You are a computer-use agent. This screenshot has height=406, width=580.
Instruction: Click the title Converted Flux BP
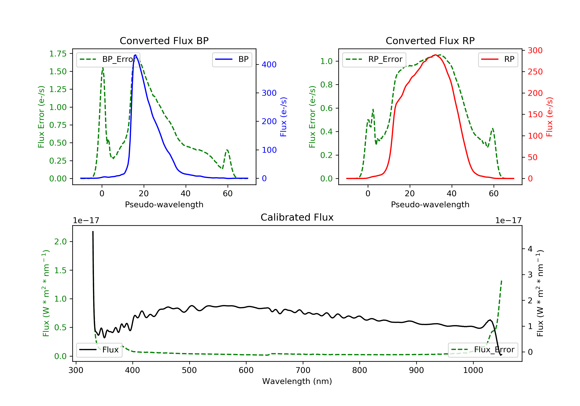pyautogui.click(x=164, y=41)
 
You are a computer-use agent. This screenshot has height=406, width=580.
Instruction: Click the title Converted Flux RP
pyautogui.click(x=430, y=41)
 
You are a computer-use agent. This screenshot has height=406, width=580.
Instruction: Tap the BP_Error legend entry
pyautogui.click(x=108, y=59)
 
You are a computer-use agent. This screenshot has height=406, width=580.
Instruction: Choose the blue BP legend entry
pyautogui.click(x=232, y=59)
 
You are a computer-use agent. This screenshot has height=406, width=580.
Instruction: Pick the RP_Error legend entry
pyautogui.click(x=374, y=59)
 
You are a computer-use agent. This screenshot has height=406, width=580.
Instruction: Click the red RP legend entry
pyautogui.click(x=498, y=59)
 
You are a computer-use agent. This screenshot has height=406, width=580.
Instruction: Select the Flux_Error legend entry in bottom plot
pyautogui.click(x=483, y=350)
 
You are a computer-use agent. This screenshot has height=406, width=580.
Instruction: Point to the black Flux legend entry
pyautogui.click(x=99, y=350)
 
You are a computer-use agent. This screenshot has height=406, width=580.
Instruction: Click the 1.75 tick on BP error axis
pyautogui.click(x=58, y=54)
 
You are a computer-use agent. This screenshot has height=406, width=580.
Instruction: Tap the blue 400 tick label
pyautogui.click(x=269, y=65)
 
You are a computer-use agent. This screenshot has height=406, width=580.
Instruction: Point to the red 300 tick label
pyautogui.click(x=535, y=50)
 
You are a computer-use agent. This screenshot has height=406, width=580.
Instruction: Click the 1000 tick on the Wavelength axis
pyautogui.click(x=473, y=370)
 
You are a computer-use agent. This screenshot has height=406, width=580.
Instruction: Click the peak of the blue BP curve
pyautogui.click(x=135, y=55)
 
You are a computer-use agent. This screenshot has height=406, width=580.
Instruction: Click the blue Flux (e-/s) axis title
pyautogui.click(x=283, y=117)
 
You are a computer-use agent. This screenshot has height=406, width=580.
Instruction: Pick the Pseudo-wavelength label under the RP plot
pyautogui.click(x=430, y=204)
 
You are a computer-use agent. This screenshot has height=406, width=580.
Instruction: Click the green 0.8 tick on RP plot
pyautogui.click(x=326, y=85)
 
